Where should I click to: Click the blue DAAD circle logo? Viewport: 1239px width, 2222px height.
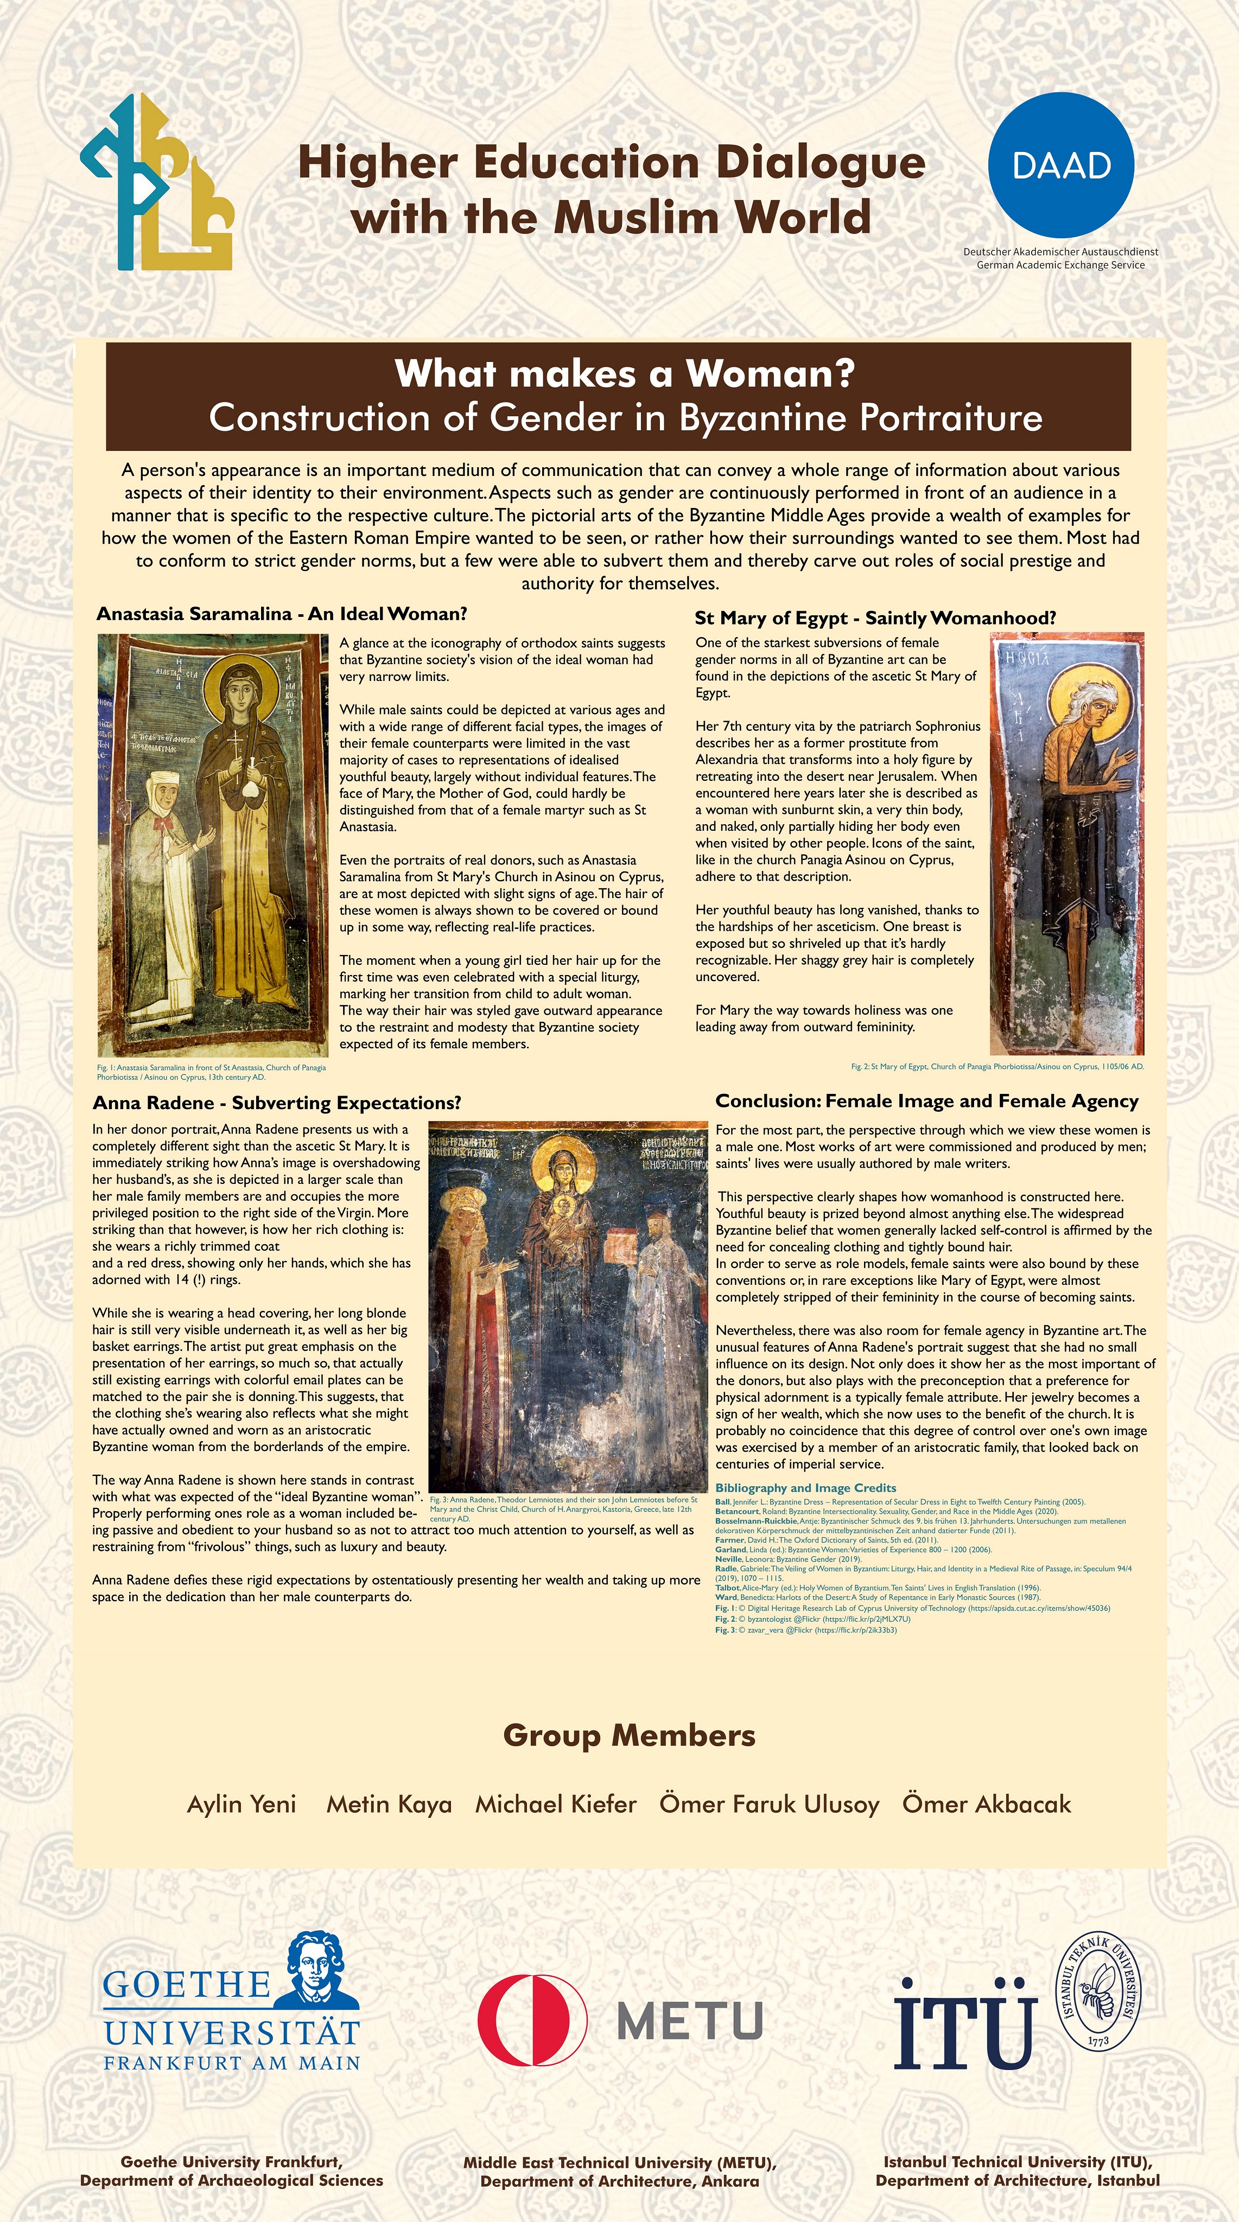(1060, 165)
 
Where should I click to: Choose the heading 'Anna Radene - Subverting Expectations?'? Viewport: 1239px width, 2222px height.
(277, 1103)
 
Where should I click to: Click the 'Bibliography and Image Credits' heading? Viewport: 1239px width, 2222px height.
(805, 1488)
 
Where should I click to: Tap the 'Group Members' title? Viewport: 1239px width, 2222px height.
(629, 1735)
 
